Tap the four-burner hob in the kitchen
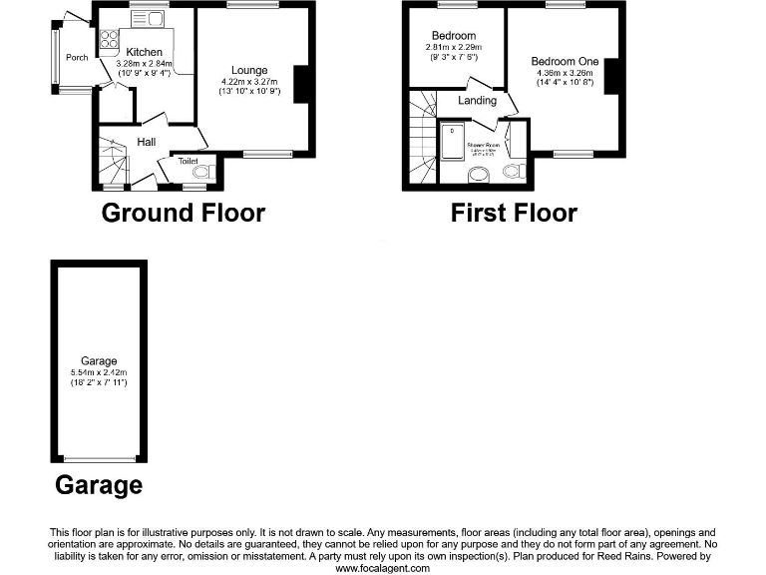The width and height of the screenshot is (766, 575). pyautogui.click(x=107, y=42)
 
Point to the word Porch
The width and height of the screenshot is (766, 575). pyautogui.click(x=77, y=58)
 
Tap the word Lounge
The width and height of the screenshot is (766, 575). pyautogui.click(x=247, y=71)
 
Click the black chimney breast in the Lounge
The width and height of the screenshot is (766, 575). pyautogui.click(x=300, y=85)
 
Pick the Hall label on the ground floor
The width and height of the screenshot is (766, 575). pyautogui.click(x=146, y=141)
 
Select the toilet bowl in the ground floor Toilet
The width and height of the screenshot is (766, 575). pyautogui.click(x=203, y=173)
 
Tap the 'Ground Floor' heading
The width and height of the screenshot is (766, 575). pyautogui.click(x=184, y=213)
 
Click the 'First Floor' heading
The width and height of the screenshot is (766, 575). pyautogui.click(x=513, y=213)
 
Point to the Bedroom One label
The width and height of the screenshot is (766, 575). pyautogui.click(x=565, y=62)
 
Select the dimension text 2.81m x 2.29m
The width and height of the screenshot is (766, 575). pyautogui.click(x=454, y=47)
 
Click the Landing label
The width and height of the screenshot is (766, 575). pyautogui.click(x=477, y=101)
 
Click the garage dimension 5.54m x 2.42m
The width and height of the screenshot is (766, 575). pyautogui.click(x=100, y=372)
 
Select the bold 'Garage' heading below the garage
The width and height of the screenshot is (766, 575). pyautogui.click(x=98, y=486)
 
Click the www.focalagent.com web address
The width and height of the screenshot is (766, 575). pyautogui.click(x=382, y=568)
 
